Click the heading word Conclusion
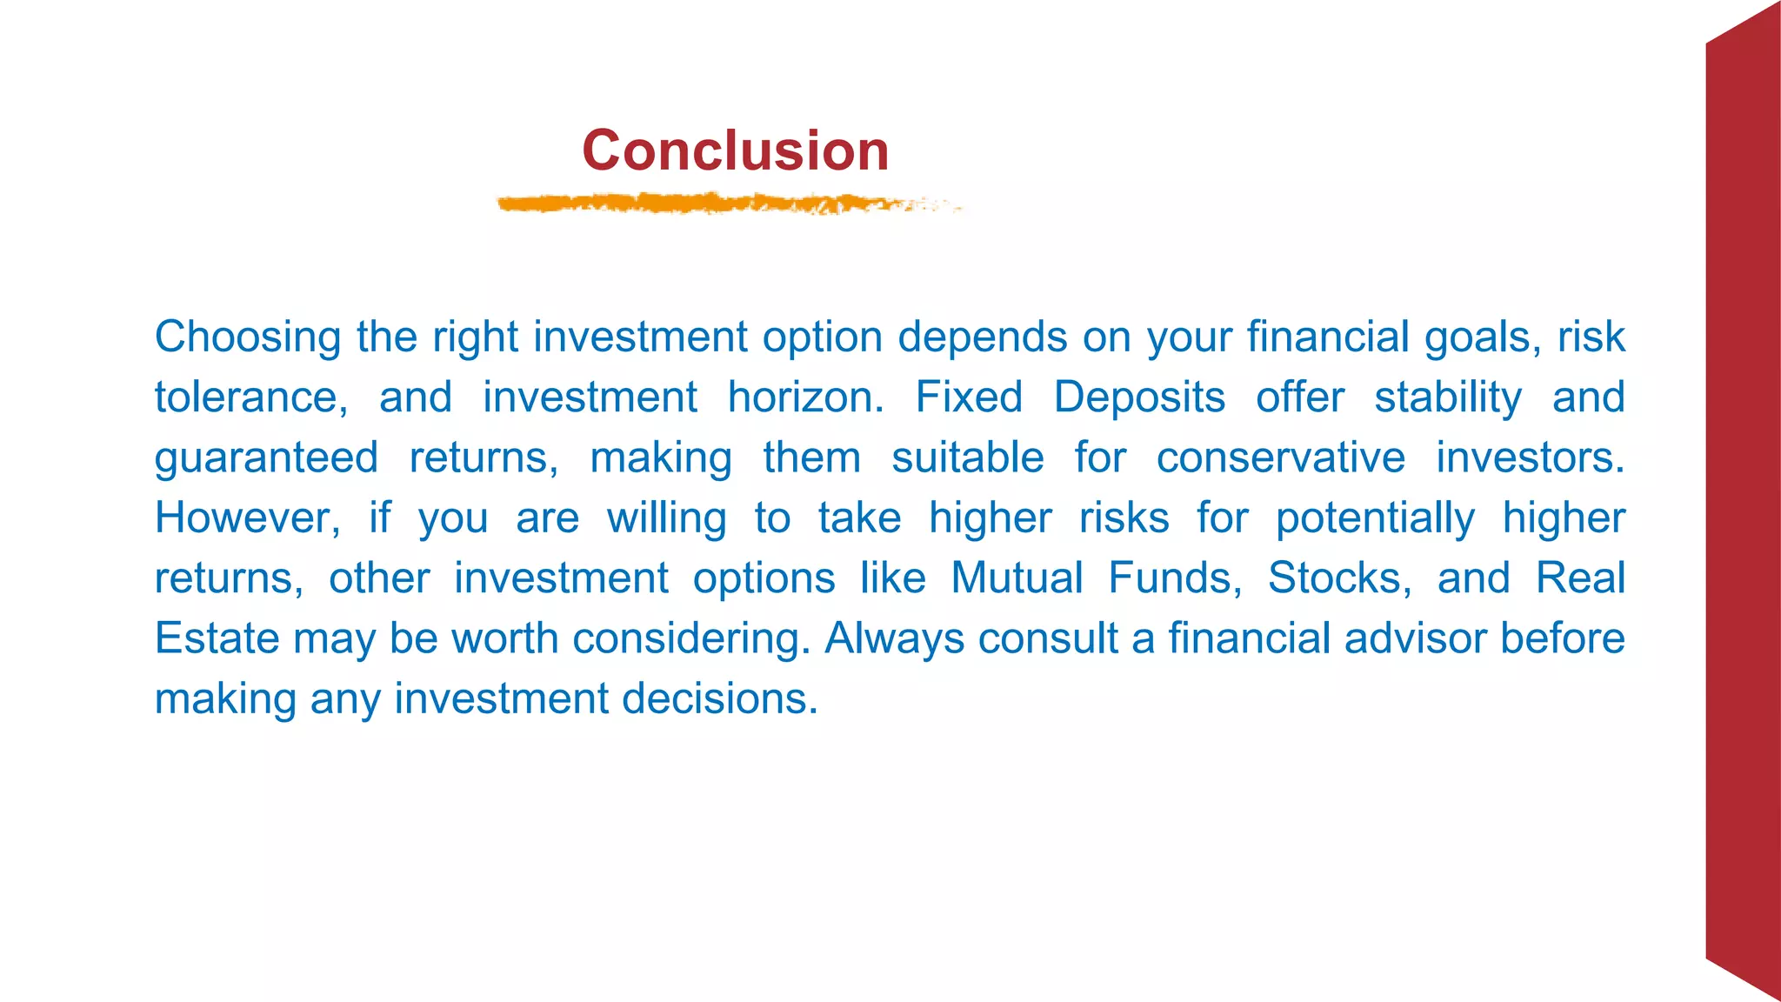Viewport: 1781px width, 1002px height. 735,150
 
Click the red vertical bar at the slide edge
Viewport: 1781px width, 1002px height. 1742,501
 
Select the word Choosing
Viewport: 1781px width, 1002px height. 248,337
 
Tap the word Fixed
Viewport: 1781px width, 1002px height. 969,397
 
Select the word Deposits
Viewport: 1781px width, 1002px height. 1139,397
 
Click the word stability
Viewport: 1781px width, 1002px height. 1448,397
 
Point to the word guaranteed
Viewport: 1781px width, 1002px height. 266,458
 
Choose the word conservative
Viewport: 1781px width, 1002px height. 1280,458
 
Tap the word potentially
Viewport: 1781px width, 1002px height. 1375,518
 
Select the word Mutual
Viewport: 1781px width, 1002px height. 1017,578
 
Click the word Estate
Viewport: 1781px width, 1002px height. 217,638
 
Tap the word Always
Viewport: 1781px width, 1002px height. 894,638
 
